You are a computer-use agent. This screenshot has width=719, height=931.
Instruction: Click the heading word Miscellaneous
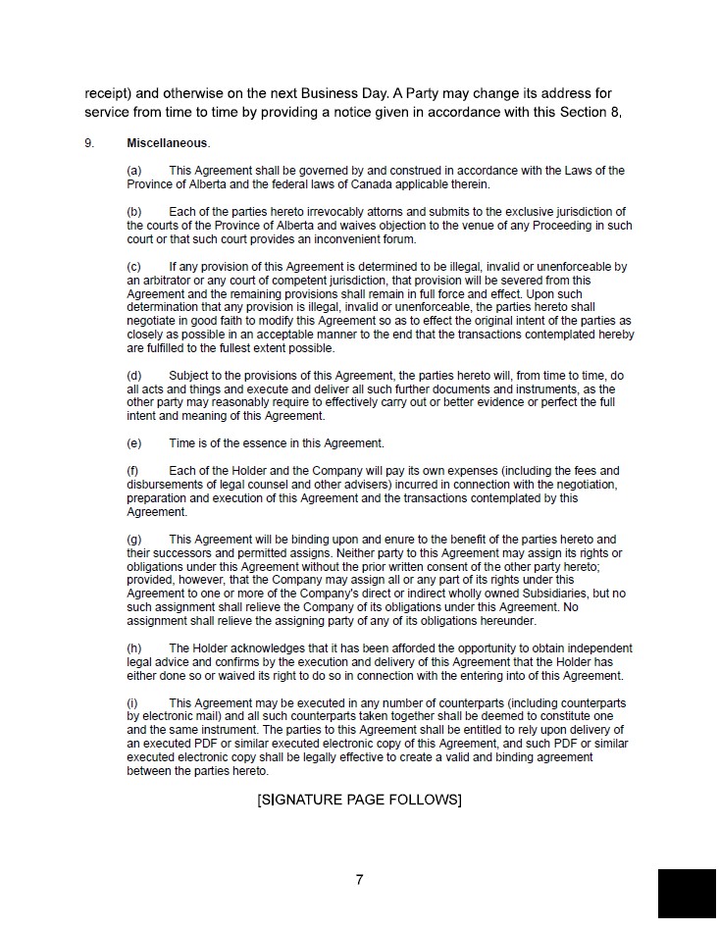[168, 143]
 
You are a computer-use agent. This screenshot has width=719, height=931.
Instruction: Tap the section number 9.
[89, 143]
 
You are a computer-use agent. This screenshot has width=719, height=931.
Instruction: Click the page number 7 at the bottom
[360, 879]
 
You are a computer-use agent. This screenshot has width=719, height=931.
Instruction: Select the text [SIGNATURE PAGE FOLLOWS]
[359, 800]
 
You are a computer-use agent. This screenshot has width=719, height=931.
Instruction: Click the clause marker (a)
[134, 171]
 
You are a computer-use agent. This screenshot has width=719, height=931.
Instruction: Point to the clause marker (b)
[134, 212]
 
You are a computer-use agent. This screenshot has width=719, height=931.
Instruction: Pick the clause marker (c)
[134, 267]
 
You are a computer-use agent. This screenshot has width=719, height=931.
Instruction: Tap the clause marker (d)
[134, 376]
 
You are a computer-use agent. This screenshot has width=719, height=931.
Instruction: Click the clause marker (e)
[134, 443]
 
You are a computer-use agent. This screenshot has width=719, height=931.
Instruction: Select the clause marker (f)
[133, 471]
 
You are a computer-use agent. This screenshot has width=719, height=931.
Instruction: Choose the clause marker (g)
[134, 540]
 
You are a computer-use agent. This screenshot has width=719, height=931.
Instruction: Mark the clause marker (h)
[134, 648]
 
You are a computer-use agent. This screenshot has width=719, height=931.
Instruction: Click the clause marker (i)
[132, 703]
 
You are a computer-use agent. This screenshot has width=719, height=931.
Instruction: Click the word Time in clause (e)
[181, 443]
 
